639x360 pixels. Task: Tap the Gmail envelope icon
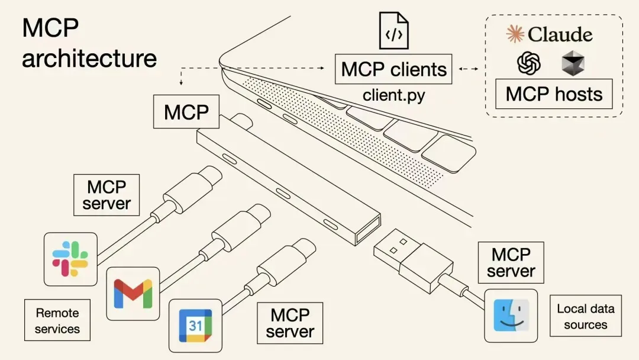(133, 293)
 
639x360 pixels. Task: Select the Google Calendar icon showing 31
(195, 326)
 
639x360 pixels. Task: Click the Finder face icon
(511, 316)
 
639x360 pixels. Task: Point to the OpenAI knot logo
(529, 63)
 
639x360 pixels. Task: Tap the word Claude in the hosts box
(560, 34)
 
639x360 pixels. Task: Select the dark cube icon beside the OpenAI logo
(572, 63)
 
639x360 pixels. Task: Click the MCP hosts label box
(554, 94)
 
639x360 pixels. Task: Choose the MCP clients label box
(393, 69)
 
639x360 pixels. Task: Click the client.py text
(393, 95)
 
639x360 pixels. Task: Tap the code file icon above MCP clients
(393, 32)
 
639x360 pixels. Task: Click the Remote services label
(57, 320)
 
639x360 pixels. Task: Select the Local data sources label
(585, 316)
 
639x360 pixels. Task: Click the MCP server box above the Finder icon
(511, 263)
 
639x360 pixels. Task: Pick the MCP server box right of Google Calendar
(290, 323)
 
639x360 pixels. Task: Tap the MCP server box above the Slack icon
(106, 195)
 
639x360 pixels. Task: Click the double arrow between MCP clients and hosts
(469, 69)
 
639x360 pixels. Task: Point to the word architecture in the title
(89, 59)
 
